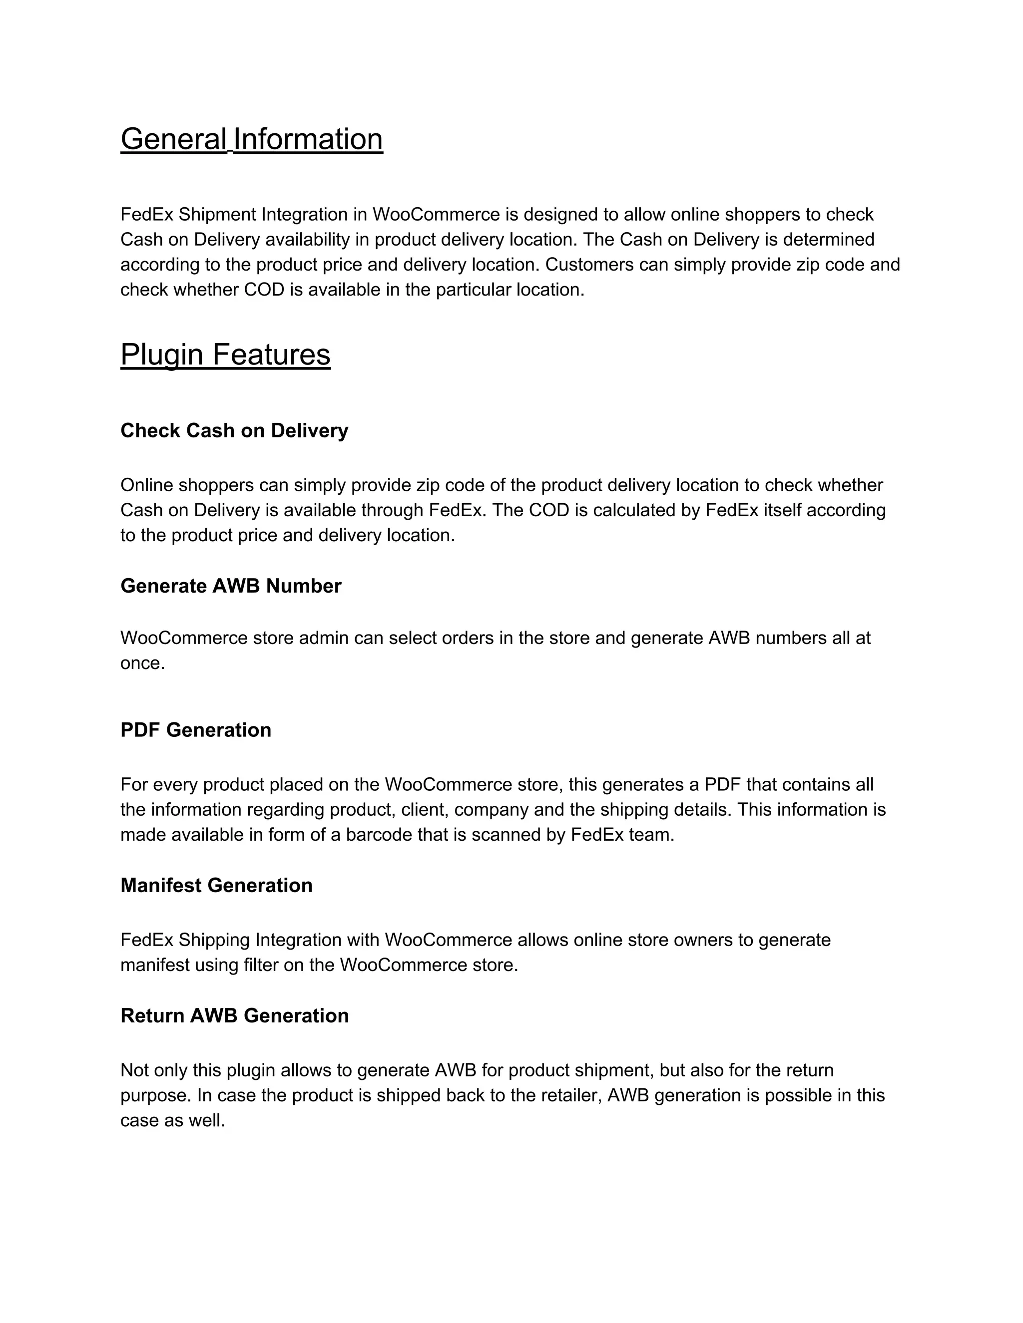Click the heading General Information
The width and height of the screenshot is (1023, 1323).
click(x=252, y=139)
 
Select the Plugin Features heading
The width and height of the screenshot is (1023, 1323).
click(x=225, y=354)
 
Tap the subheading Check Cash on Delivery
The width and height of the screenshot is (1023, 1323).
click(x=234, y=431)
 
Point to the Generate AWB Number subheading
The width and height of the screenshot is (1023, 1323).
click(x=231, y=586)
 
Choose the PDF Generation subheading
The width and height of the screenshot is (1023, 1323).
click(x=196, y=730)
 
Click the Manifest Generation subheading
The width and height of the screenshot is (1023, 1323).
click(x=216, y=885)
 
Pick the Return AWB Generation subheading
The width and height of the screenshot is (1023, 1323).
click(x=235, y=1015)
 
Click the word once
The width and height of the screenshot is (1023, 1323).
click(x=142, y=663)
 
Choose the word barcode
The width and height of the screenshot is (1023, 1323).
click(x=380, y=835)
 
